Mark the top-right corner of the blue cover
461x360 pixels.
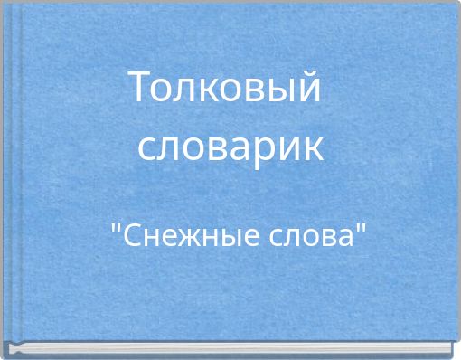456,4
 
